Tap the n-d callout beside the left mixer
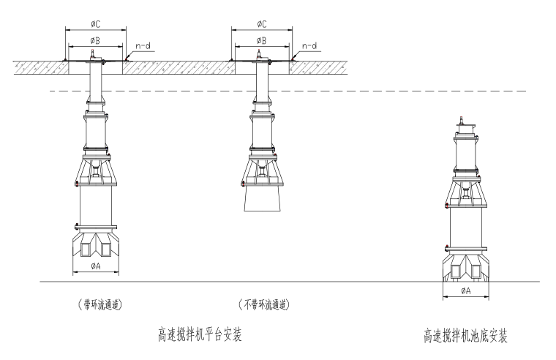click(145, 45)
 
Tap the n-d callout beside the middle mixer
click(310, 45)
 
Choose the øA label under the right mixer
click(465, 290)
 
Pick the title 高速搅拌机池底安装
click(465, 336)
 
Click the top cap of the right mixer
click(465, 125)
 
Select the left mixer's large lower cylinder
click(95, 208)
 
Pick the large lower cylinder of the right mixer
click(465, 230)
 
